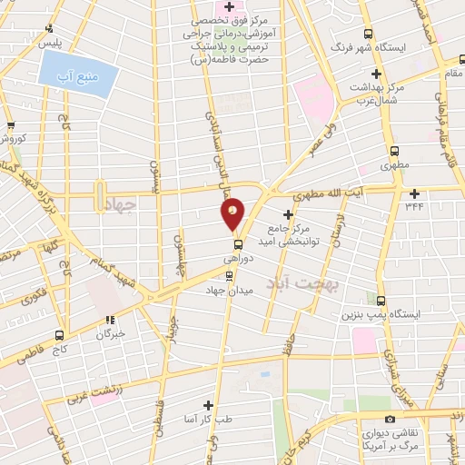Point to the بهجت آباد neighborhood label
(x=296, y=284)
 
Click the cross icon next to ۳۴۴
(x=415, y=193)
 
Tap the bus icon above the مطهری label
(x=394, y=152)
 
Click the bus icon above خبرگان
(x=110, y=320)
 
